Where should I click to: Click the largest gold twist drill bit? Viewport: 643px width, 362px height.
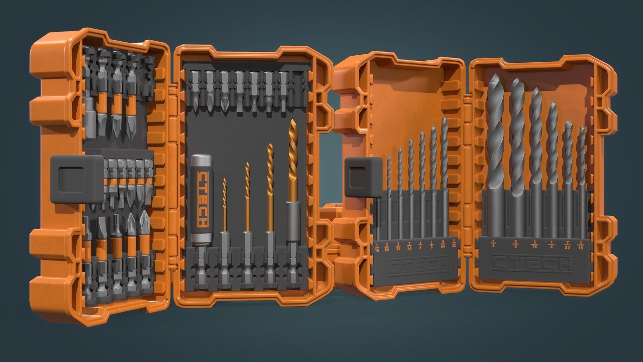(x=294, y=161)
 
